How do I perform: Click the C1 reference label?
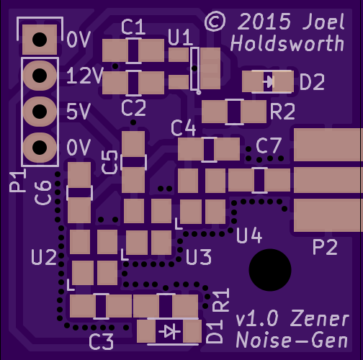133,27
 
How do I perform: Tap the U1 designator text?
180,37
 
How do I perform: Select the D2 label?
312,82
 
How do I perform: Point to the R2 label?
282,112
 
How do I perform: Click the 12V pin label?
85,76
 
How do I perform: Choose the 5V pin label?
79,112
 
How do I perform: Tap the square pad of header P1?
40,40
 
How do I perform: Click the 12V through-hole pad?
40,76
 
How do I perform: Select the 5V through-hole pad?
40,112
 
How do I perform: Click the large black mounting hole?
270,270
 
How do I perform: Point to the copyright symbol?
215,22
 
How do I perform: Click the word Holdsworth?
287,43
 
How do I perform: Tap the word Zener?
320,318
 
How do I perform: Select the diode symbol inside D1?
170,332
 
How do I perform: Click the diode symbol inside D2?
269,81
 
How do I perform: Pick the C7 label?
269,145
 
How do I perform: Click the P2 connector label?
326,247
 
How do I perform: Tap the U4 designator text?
249,235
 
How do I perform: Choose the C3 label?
101,342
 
